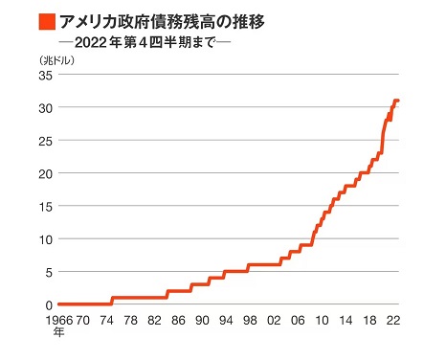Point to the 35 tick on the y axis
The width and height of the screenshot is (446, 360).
coord(43,76)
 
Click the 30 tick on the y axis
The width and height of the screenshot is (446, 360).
coord(43,108)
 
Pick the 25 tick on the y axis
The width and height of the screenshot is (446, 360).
coord(43,141)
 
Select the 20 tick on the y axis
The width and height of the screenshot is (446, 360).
coord(43,173)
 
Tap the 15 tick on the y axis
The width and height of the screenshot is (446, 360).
coord(43,206)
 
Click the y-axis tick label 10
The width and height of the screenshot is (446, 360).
coord(43,238)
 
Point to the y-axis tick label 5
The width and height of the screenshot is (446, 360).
coord(47,271)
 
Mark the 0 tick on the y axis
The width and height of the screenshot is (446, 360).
coord(47,304)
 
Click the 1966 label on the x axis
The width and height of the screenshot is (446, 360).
coord(59,321)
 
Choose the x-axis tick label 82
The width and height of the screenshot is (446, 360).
coord(155,321)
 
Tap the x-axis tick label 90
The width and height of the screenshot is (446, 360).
coord(203,321)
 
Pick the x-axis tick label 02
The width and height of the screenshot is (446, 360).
coord(274,321)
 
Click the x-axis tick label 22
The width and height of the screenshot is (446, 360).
coord(392,321)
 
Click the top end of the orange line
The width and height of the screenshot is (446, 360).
coord(397,101)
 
